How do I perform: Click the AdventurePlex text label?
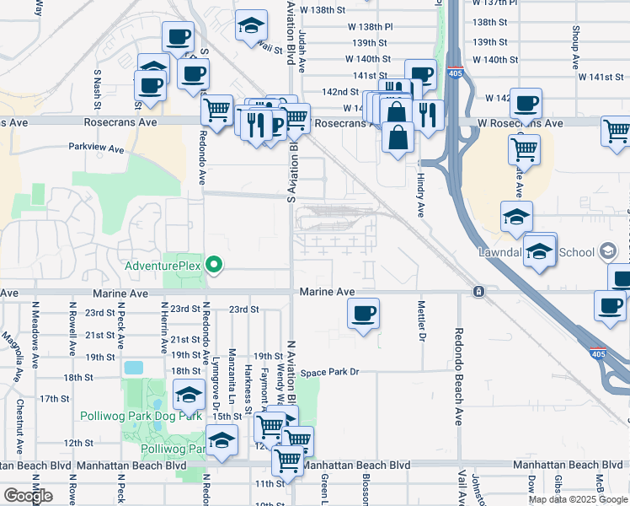[x=163, y=266]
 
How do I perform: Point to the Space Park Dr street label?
[x=330, y=372]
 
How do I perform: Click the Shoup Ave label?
[x=576, y=46]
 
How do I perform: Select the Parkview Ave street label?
[x=96, y=148]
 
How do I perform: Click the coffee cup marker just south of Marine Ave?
[x=363, y=314]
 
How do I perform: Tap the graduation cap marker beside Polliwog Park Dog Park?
[x=190, y=395]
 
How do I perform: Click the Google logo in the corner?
[x=28, y=496]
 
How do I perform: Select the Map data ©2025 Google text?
[x=579, y=499]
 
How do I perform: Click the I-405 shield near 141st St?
[x=455, y=73]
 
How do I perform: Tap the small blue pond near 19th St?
[x=133, y=368]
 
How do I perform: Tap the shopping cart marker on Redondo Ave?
[x=217, y=110]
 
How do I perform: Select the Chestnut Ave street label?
[x=19, y=418]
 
